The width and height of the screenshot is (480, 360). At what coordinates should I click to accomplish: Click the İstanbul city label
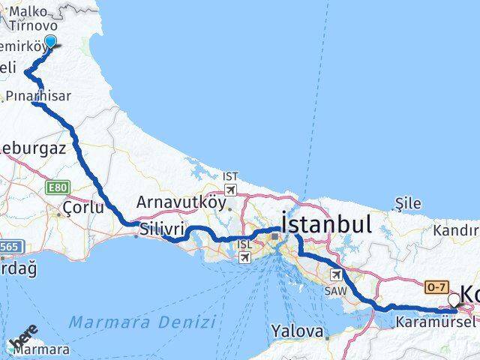coord(326,223)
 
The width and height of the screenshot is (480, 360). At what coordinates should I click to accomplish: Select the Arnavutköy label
coord(181,202)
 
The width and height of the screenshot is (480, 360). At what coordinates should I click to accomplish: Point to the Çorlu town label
coord(83,208)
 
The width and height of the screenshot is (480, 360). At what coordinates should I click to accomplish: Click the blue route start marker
coord(50,41)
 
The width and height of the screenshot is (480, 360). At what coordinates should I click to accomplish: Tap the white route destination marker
coord(454,301)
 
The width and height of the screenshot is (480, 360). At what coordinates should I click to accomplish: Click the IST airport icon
coord(230,188)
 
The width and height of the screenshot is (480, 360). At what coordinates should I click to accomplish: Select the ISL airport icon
coord(244,257)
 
